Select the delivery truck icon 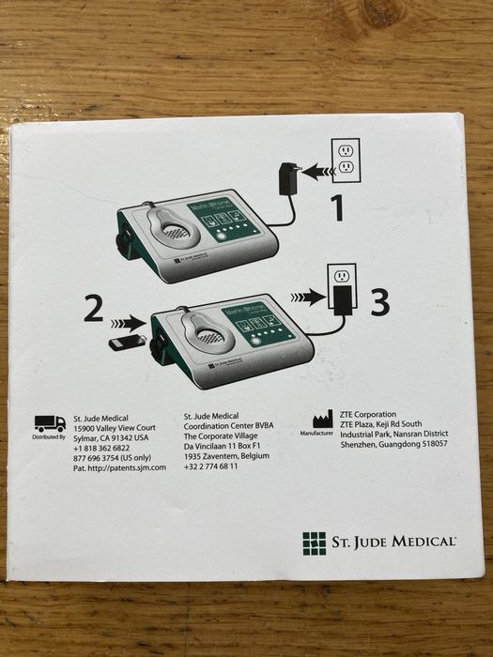click(49, 423)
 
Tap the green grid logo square click(314, 542)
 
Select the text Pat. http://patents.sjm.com click(119, 467)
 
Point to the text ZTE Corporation click(367, 414)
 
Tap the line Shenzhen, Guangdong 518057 click(393, 444)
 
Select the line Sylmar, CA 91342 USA click(111, 437)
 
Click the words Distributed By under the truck click(49, 437)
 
